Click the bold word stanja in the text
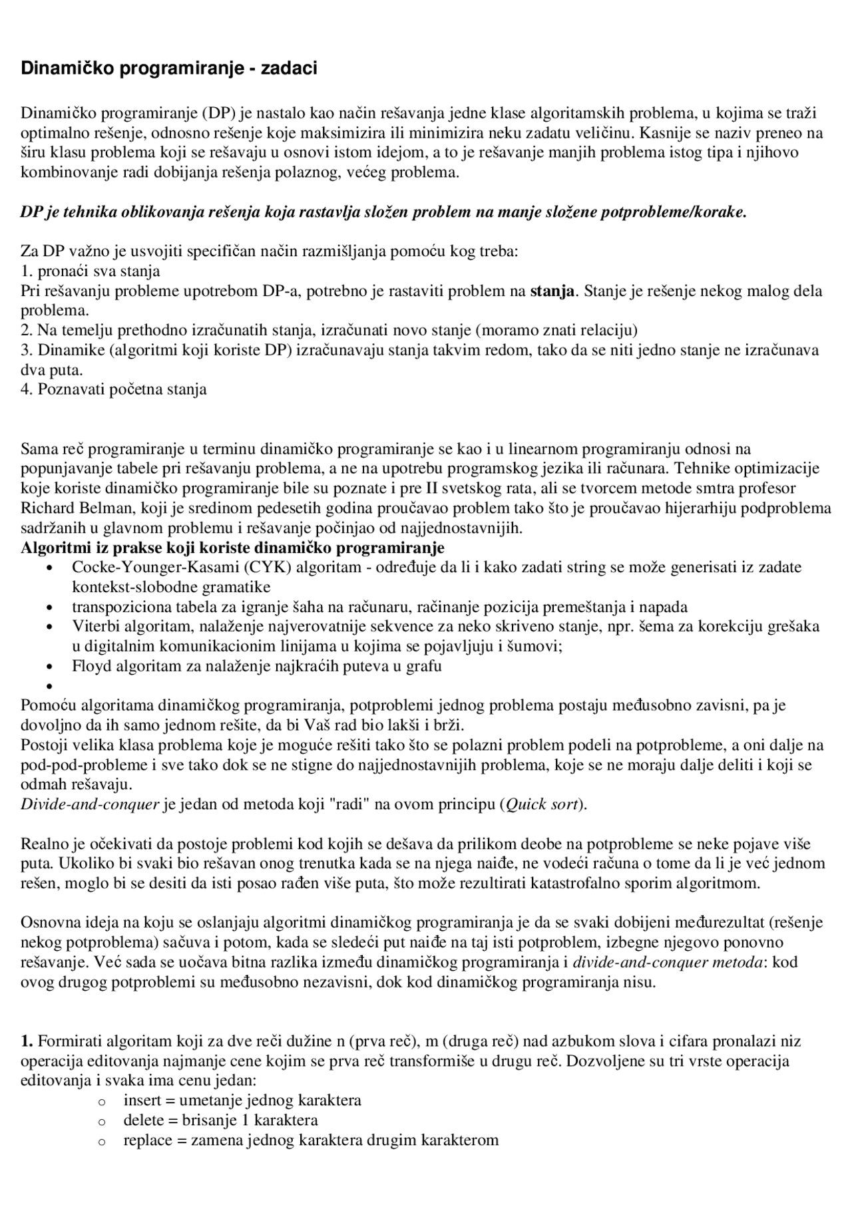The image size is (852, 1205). click(552, 291)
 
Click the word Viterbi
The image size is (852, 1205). click(94, 626)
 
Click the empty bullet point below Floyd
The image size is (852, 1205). click(49, 686)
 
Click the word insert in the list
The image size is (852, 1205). click(142, 1101)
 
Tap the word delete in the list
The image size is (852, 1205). click(144, 1120)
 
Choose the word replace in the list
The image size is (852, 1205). click(148, 1140)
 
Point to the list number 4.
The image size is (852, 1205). click(27, 389)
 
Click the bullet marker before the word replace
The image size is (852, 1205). click(102, 1141)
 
